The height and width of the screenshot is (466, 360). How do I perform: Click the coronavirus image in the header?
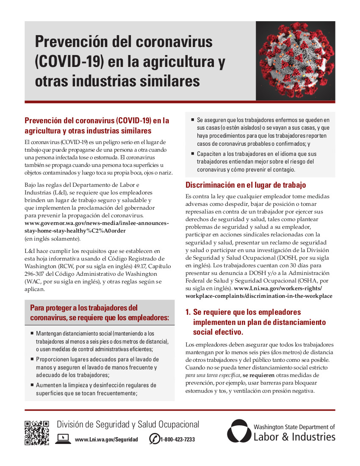pos(295,61)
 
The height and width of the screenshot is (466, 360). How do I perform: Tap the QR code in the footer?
pos(36,433)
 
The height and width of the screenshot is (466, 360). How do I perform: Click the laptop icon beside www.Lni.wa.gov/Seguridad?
pos(63,439)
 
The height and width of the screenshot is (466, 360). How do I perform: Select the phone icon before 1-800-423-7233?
pos(154,439)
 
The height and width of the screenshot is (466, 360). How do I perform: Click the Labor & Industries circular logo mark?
pos(239,431)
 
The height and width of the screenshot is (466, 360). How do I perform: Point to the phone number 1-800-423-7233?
pos(177,440)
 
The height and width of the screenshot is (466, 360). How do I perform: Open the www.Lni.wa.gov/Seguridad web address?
pos(106,440)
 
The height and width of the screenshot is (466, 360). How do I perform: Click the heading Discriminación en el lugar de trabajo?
pos(246,185)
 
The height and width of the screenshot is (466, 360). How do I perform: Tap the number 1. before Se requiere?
pos(188,312)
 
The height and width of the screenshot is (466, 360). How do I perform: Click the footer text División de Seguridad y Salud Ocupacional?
pos(128,424)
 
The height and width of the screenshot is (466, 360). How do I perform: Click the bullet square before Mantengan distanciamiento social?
pos(32,334)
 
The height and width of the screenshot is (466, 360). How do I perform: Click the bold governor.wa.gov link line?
pos(97,223)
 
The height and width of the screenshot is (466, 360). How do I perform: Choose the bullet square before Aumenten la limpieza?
pos(32,385)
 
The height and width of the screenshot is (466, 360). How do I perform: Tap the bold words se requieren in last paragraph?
pos(258,375)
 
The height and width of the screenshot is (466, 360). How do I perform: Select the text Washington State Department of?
pos(294,427)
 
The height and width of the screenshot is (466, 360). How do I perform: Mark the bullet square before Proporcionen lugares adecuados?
pos(32,359)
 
